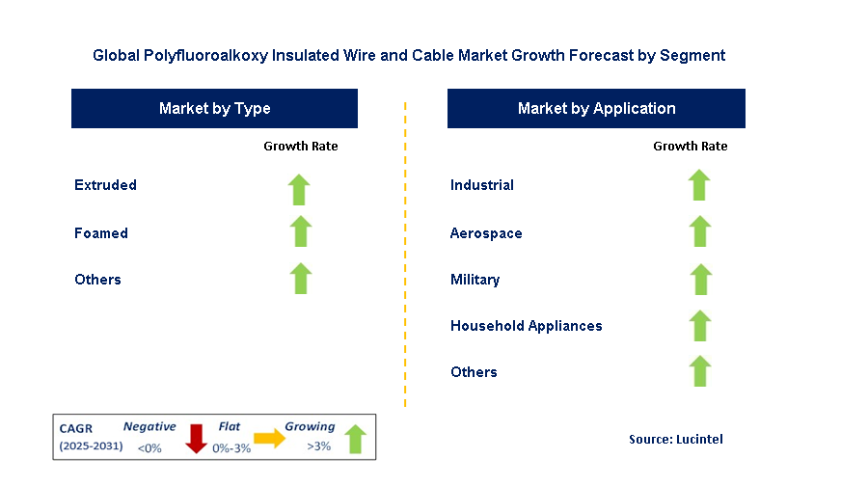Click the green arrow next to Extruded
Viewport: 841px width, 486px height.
299,190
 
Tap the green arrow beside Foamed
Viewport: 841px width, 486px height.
301,231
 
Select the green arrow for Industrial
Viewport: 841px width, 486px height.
699,185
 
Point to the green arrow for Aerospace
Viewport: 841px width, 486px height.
700,231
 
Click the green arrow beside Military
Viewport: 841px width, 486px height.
700,280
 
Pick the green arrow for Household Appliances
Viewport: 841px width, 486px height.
700,326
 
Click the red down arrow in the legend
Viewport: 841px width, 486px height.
197,439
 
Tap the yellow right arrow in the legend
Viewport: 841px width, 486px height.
270,438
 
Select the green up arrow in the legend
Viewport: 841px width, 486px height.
355,439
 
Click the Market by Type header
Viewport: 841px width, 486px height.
214,108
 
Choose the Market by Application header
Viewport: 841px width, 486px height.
596,108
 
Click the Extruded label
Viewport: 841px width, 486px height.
106,185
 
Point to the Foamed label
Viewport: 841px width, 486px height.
101,233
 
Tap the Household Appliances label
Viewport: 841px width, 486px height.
527,326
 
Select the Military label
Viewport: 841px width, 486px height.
475,280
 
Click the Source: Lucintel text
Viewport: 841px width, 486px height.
676,440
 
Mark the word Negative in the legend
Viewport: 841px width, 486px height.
149,426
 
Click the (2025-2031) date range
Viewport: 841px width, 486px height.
92,446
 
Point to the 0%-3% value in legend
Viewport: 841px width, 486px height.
231,448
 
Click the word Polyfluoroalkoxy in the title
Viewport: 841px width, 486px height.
205,56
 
